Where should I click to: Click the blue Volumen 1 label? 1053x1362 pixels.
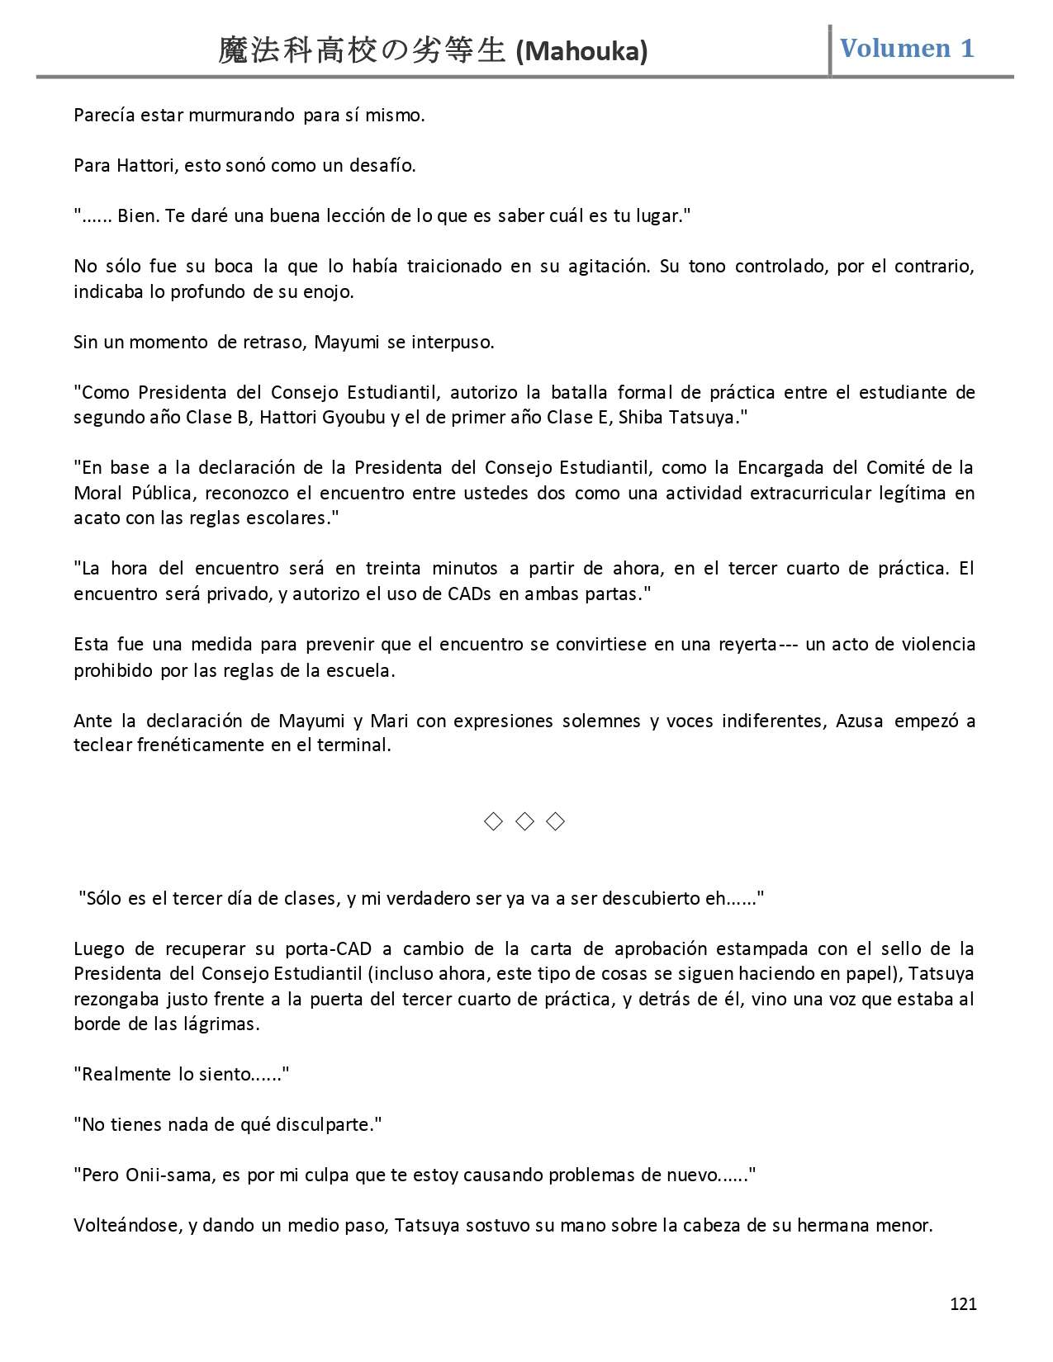point(907,48)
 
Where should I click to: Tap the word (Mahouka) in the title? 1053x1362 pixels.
point(581,52)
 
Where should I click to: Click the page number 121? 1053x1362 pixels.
point(963,1303)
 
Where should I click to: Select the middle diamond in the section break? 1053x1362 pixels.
point(524,821)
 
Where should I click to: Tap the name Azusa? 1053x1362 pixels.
point(859,721)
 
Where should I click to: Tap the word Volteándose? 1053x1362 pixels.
point(127,1225)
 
